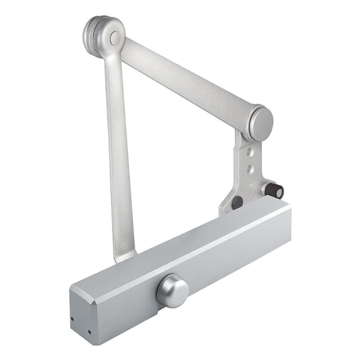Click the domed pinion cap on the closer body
pos(173,291)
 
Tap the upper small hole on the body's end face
pos(72,318)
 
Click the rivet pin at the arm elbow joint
pos(115,38)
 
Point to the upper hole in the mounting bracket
pos(250,152)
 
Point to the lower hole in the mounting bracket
pos(251,169)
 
